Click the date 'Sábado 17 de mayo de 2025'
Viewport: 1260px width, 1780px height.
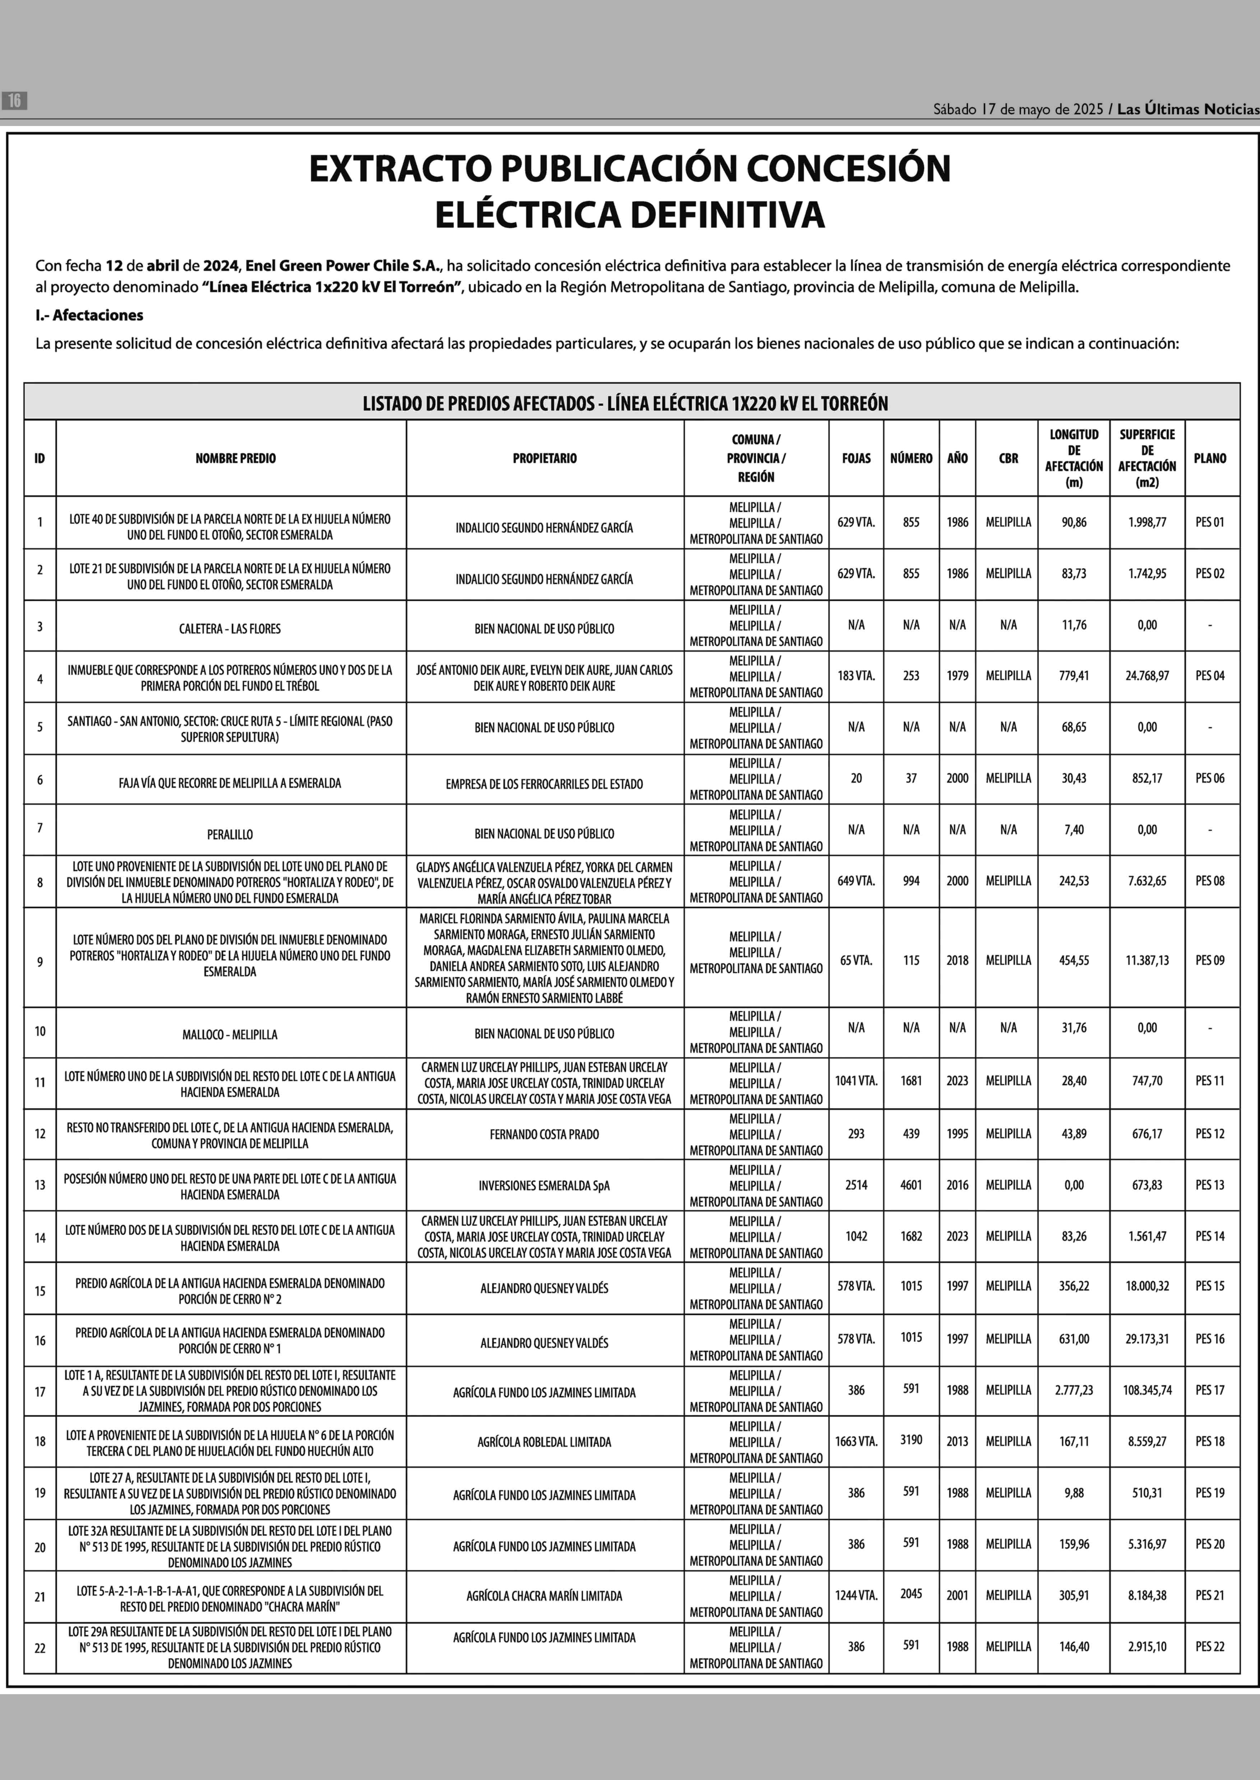pos(1017,109)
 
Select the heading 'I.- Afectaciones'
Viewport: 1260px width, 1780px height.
pos(89,315)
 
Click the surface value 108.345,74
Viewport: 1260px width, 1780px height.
pos(1147,1390)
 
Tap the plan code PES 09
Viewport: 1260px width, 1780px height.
pos(1210,960)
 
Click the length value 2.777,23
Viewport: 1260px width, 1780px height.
pos(1074,1390)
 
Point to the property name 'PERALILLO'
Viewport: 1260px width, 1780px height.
pos(230,835)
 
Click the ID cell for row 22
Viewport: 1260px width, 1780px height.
pos(40,1648)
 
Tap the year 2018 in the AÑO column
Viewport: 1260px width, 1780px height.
pos(956,960)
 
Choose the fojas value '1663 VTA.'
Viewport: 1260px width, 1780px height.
pos(856,1441)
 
